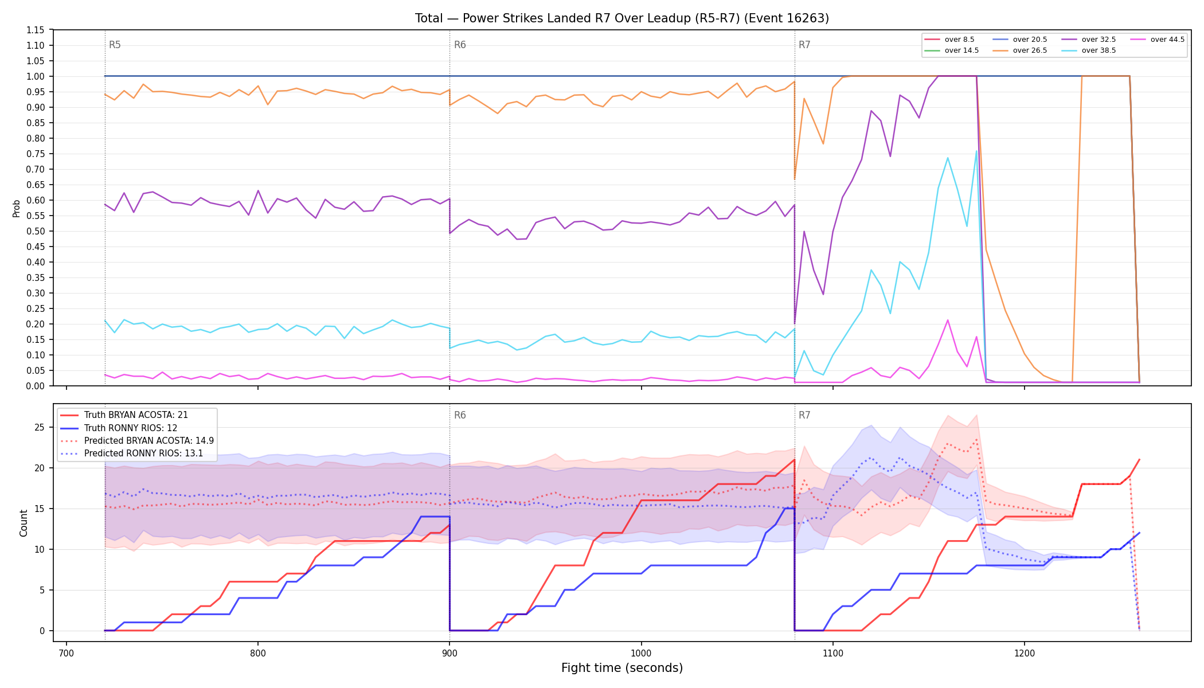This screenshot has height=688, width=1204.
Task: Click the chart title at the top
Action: pos(622,18)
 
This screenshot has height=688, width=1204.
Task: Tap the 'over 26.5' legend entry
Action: pos(1020,50)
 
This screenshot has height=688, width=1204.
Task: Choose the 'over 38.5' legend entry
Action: pos(1089,50)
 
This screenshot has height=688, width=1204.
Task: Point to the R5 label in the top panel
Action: pos(115,45)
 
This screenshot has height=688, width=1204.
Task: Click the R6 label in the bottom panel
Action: pos(460,415)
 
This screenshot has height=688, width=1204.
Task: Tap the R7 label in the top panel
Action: pos(804,45)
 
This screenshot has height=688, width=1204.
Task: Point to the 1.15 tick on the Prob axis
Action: pos(36,30)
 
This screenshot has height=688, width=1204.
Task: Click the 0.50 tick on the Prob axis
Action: pos(36,231)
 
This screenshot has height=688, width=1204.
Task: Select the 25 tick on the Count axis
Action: pos(40,427)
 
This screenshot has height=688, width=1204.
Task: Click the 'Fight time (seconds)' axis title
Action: pos(622,668)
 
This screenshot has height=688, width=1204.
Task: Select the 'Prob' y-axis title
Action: pos(16,208)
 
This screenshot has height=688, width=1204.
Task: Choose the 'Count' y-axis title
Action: pos(24,523)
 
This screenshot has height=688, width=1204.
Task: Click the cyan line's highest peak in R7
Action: pos(976,151)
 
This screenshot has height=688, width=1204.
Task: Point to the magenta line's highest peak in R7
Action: pos(948,320)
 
